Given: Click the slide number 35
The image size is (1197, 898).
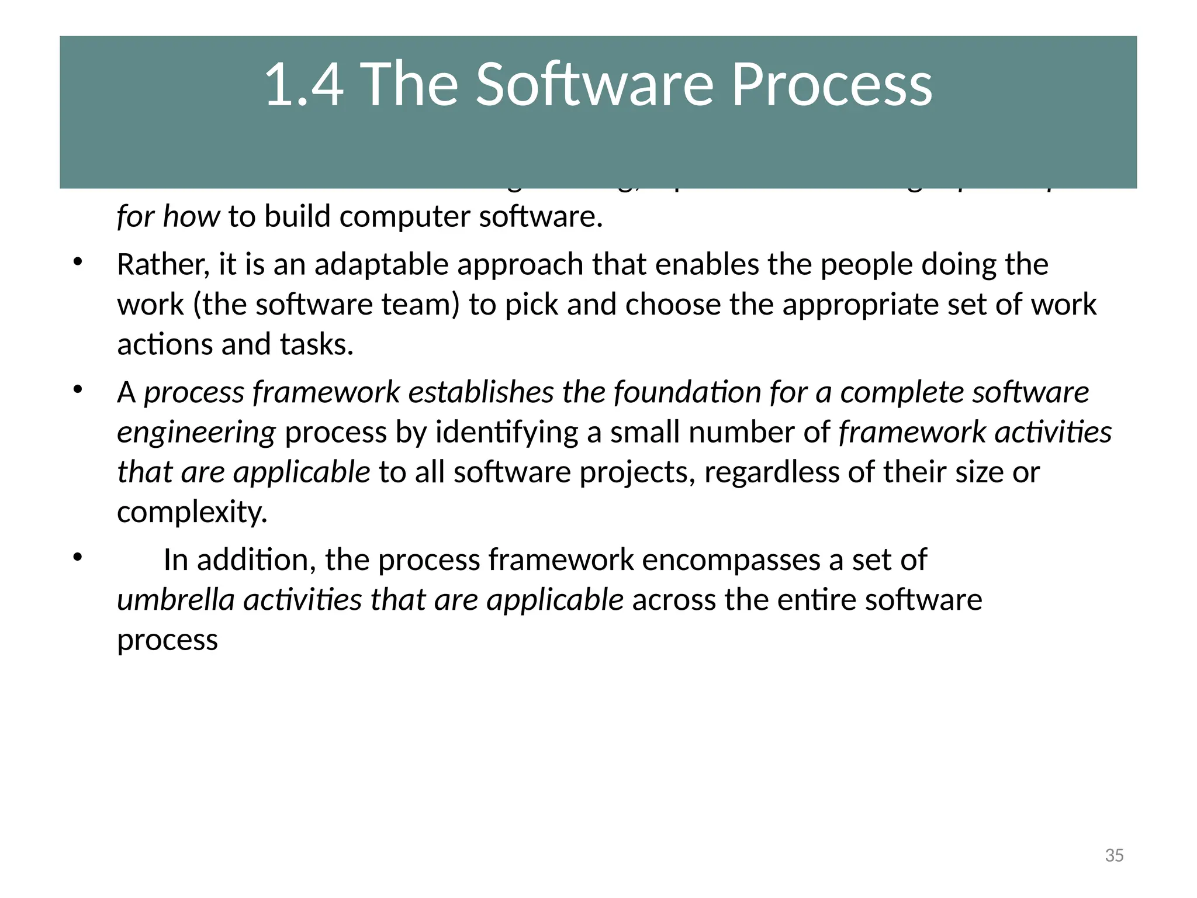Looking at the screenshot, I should tap(1114, 855).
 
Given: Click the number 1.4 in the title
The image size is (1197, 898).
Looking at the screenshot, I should tap(304, 85).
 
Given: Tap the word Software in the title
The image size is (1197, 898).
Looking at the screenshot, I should tap(594, 85).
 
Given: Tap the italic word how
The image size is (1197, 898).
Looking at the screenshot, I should tap(191, 217).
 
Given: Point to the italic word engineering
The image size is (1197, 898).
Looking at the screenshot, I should tap(196, 433).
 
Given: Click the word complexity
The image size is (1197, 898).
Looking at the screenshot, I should tap(192, 513).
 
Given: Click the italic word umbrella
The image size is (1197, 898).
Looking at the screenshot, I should tap(176, 600).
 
